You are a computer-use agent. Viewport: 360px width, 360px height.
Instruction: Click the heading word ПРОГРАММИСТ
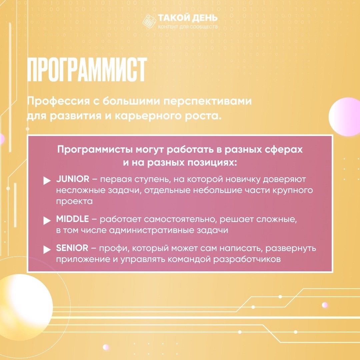pos(87,70)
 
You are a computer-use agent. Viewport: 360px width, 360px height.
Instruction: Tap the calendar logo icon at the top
pos(149,21)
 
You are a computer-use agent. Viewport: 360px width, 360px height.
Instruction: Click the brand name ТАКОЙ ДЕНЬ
pos(188,18)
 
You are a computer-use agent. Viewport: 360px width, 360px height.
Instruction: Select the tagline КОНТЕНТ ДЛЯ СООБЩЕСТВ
pos(188,27)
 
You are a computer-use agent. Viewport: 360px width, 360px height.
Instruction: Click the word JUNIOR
pos(73,179)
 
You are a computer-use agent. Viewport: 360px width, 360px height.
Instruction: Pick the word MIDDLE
pos(72,219)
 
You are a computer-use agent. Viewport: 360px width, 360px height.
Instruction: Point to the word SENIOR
pos(72,248)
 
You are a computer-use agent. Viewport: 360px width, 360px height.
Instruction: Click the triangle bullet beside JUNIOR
pos(47,180)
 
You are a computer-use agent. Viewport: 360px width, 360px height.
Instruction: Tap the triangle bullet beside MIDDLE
pos(47,221)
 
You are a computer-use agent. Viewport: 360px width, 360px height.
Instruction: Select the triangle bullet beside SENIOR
pos(47,250)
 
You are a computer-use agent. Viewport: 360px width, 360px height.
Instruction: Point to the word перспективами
pos(208,101)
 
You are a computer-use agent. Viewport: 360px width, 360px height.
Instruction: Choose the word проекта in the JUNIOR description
pos(74,201)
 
